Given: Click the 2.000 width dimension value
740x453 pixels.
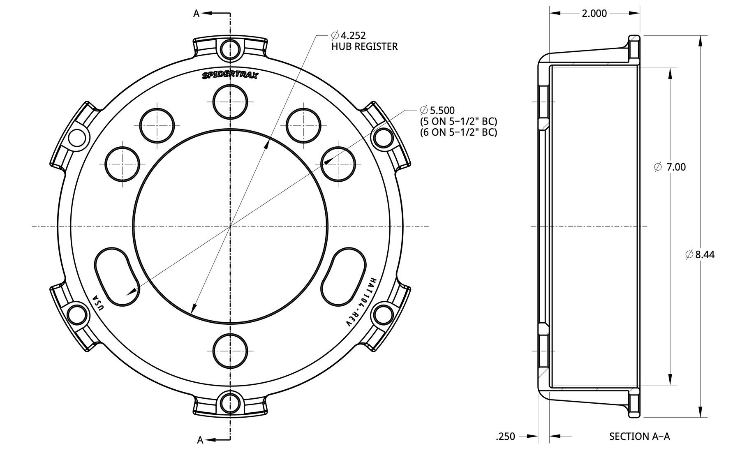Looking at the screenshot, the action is point(594,14).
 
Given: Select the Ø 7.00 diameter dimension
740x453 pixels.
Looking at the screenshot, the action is point(670,167).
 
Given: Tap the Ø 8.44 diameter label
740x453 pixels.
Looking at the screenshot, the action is point(700,254).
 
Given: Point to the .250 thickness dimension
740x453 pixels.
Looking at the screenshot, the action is point(506,436).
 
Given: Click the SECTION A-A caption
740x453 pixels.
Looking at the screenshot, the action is point(639,436).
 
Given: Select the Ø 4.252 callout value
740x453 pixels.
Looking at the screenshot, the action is point(348,35).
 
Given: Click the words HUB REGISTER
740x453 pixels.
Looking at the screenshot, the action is point(365,46).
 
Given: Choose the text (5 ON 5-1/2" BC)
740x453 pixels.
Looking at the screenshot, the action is point(458,121).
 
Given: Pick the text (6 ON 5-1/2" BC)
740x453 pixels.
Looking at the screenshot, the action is point(458,132).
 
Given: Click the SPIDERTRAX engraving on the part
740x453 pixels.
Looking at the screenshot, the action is point(230,75).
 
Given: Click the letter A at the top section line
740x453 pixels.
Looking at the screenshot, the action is point(197,14).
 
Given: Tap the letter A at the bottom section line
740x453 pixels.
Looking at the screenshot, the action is point(200,440).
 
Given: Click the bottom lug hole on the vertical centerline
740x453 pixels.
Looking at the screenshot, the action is point(231,351).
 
